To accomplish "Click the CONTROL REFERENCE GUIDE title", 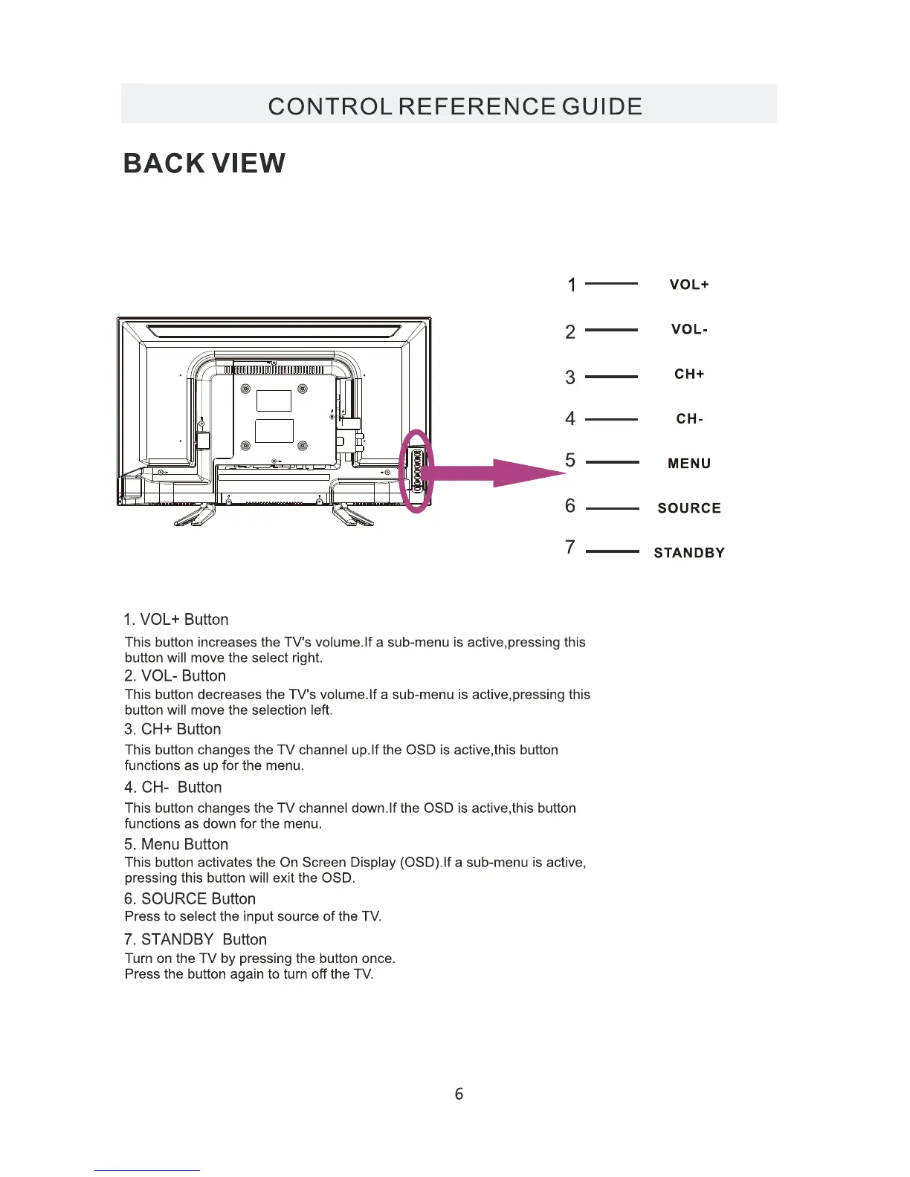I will [x=455, y=106].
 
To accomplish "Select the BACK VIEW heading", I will [x=204, y=163].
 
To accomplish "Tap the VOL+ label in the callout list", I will [x=689, y=285].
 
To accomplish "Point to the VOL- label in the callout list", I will [x=689, y=329].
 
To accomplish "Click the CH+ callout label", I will [x=689, y=374].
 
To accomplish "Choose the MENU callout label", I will [x=689, y=464].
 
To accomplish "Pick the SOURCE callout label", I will [x=689, y=508].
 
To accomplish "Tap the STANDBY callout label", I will [x=689, y=553].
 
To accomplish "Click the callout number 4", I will [x=570, y=419].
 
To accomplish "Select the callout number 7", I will [x=570, y=548].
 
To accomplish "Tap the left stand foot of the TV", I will [x=195, y=515].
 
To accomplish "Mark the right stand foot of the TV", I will [x=352, y=515].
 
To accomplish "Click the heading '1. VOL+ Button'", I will [x=176, y=620].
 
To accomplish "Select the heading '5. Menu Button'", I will [x=176, y=844].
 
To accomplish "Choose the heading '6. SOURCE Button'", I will [x=190, y=898].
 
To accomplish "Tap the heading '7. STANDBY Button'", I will [x=196, y=939].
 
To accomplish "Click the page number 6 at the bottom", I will [x=459, y=1094].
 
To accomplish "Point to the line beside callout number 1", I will [x=611, y=284].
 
